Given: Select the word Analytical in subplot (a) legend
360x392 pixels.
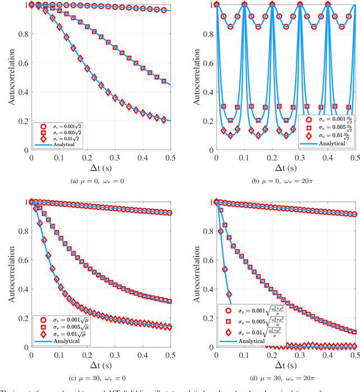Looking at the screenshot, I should pyautogui.click(x=60, y=144).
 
